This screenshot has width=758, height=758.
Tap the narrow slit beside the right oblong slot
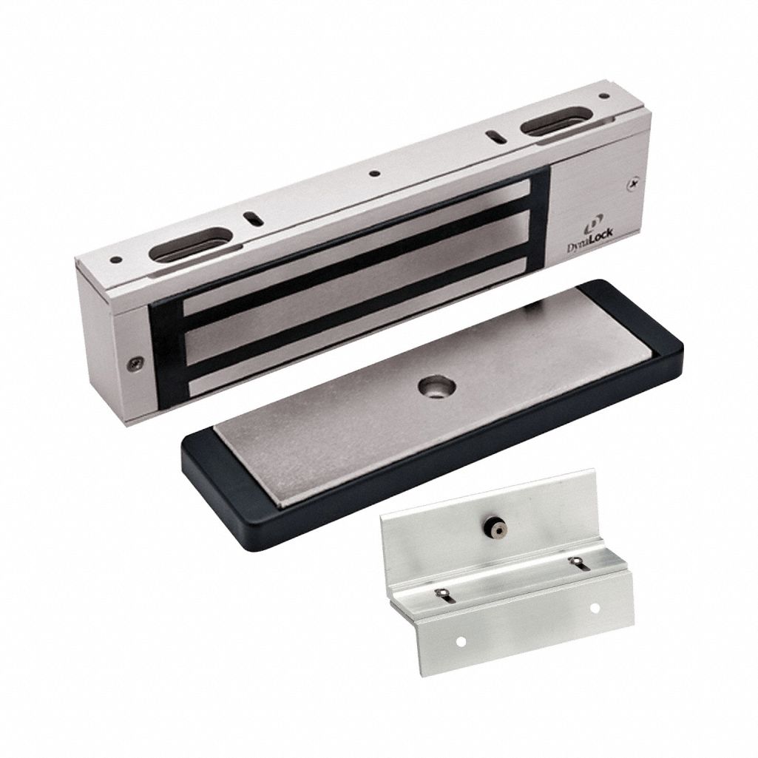[493, 135]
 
